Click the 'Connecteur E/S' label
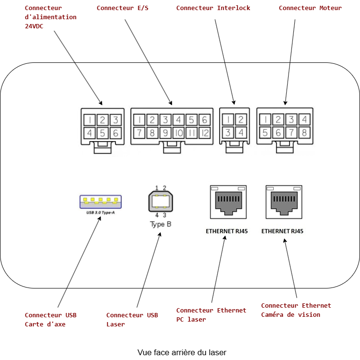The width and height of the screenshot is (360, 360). [122, 8]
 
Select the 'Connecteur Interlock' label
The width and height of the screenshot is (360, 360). [213, 8]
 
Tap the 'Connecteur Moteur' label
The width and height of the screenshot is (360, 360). [310, 8]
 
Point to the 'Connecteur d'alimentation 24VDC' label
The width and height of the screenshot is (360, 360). [50, 17]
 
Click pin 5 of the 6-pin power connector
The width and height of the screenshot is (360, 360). [103, 133]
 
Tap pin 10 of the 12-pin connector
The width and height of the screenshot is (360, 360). [178, 133]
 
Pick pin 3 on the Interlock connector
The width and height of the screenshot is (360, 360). [228, 133]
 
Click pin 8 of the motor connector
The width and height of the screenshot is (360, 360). [303, 132]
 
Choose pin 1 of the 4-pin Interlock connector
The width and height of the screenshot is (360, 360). [228, 120]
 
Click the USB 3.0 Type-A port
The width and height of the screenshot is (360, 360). [101, 201]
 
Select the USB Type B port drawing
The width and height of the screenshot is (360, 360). [160, 201]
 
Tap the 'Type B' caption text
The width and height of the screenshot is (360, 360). [161, 224]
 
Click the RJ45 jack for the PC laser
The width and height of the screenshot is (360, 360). [228, 202]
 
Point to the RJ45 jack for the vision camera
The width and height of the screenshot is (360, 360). [284, 202]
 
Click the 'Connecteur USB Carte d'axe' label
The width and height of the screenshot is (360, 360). [50, 320]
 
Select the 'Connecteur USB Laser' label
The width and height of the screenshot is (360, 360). [132, 320]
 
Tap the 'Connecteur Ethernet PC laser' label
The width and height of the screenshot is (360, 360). [211, 315]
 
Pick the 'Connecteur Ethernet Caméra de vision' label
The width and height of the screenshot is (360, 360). [296, 310]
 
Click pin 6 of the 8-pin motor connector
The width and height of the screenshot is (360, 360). [278, 132]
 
